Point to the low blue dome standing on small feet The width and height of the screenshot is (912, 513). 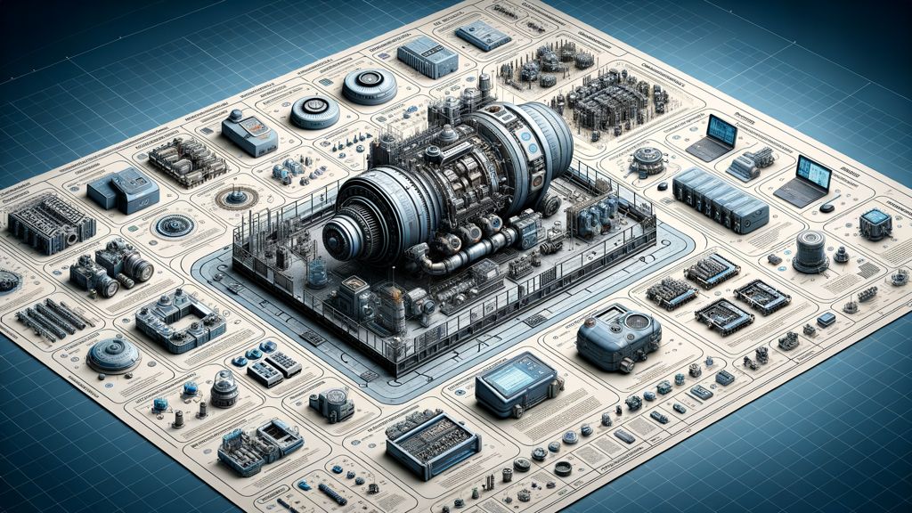pos(113,354)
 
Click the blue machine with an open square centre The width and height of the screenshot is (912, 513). pos(182,318)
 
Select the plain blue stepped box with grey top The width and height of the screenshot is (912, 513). pos(122,191)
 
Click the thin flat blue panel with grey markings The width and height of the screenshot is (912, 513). pos(483,36)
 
